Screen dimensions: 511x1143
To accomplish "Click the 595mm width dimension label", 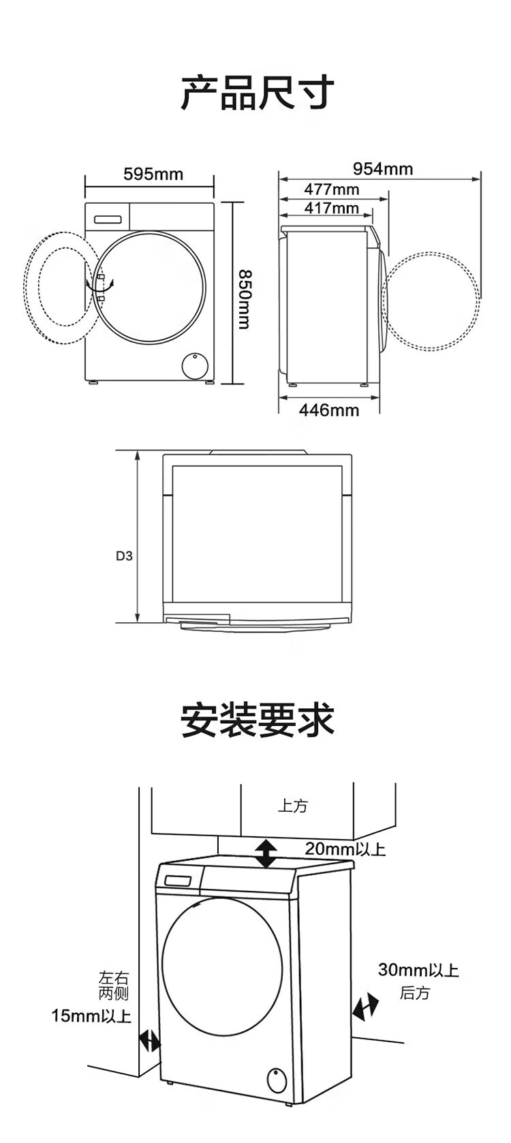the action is coord(153,174).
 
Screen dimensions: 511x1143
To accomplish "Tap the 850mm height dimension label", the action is coord(243,298).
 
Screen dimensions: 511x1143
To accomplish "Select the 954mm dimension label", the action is coord(382,168).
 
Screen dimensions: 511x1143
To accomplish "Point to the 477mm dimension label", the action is coord(331,189).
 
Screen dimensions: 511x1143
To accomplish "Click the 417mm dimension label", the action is coord(331,208).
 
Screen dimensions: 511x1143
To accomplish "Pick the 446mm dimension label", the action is coord(328,410).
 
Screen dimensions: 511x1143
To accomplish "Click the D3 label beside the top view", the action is coord(124,555).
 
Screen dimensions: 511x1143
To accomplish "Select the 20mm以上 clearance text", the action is coord(345,849).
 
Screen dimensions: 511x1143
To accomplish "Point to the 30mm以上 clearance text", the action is coord(418,970).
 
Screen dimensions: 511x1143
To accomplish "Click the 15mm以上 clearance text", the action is coord(91,1016).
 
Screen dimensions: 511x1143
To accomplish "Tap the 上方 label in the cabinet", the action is coord(293,806).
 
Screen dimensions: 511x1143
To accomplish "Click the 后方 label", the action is coord(414,993).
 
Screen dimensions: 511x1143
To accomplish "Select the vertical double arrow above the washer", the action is coord(266,854).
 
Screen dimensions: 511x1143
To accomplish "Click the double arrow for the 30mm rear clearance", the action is coord(365,1006).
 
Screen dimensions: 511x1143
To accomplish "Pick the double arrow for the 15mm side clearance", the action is coord(150,1040).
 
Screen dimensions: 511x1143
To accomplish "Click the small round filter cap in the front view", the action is coord(194,365).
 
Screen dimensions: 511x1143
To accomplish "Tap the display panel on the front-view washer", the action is coord(107,219).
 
